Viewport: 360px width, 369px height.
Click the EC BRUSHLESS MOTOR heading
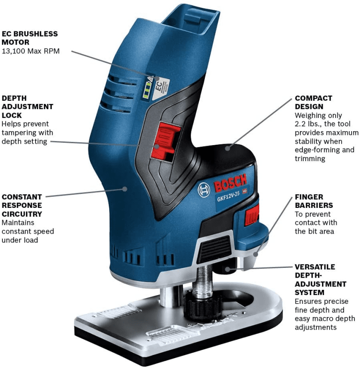tap(30, 38)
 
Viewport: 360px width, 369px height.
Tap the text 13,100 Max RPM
tap(30, 51)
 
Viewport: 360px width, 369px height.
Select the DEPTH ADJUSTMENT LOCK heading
tap(27, 107)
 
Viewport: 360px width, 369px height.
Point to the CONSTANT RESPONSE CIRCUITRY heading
tap(22, 205)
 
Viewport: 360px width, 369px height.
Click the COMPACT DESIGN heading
tap(313, 103)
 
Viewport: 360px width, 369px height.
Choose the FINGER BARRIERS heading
tap(314, 201)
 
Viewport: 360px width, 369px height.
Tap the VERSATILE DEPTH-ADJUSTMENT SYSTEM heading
tap(321, 280)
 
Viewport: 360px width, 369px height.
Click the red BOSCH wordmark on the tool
tap(231, 183)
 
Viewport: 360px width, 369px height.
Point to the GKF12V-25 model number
tap(228, 196)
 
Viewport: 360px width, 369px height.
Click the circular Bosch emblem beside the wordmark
tap(203, 190)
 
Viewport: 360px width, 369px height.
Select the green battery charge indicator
tap(147, 90)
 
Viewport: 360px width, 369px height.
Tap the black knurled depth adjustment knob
tap(202, 305)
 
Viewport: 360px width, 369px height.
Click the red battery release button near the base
tap(252, 215)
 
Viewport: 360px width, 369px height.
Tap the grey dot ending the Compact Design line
tap(227, 148)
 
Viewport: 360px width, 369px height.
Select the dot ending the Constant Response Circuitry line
tap(125, 189)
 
